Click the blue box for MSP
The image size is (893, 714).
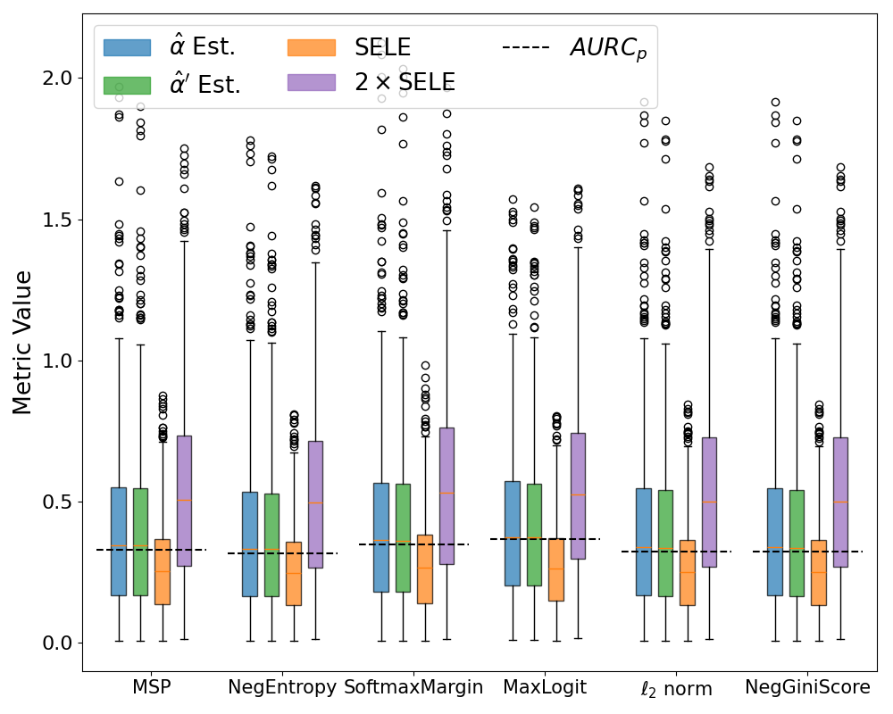pyautogui.click(x=118, y=541)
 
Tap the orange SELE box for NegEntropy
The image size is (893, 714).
pyautogui.click(x=294, y=573)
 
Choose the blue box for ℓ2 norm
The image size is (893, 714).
pyautogui.click(x=643, y=542)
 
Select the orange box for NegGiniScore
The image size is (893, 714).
pyautogui.click(x=819, y=572)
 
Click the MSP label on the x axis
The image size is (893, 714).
pyautogui.click(x=151, y=688)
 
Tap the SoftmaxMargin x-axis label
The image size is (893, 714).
pyautogui.click(x=413, y=688)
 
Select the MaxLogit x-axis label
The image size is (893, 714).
pyautogui.click(x=545, y=688)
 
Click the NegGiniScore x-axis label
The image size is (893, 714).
pyautogui.click(x=808, y=688)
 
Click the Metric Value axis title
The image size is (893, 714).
pyautogui.click(x=22, y=343)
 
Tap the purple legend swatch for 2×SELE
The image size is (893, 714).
pyautogui.click(x=311, y=82)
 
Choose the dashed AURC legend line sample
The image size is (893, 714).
pyautogui.click(x=529, y=47)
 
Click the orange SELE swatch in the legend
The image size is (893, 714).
pyautogui.click(x=311, y=47)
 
